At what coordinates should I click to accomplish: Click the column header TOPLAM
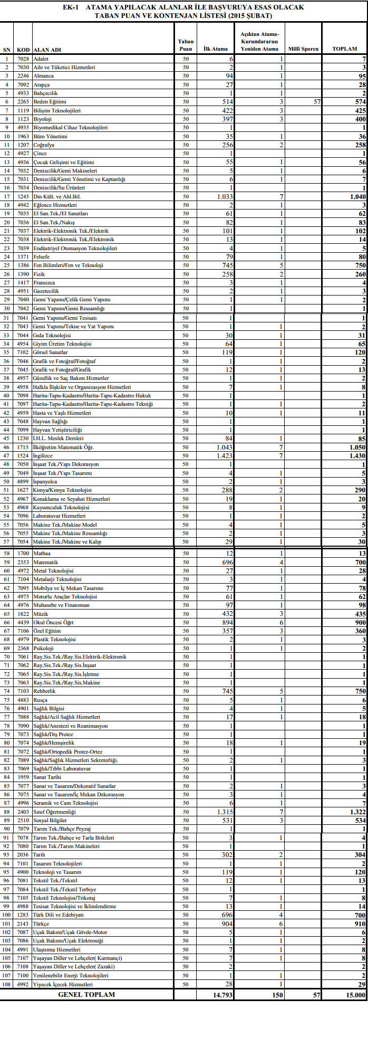pyautogui.click(x=344, y=49)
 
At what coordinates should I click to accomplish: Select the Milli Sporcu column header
pyautogui.click(x=303, y=49)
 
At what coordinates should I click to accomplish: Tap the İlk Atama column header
pyautogui.click(x=215, y=49)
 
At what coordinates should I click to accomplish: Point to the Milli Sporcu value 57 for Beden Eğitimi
pyautogui.click(x=316, y=102)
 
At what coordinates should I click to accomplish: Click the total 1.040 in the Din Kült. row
pyautogui.click(x=356, y=196)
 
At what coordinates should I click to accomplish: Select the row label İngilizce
pyautogui.click(x=43, y=455)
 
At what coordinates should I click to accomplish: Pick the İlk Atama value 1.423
pyautogui.click(x=224, y=455)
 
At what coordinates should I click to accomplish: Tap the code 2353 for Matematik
pyautogui.click(x=23, y=562)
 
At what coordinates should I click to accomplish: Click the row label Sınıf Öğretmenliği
pyautogui.click(x=54, y=812)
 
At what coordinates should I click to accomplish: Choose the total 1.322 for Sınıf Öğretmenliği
pyautogui.click(x=356, y=812)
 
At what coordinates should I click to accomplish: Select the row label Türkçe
pyautogui.click(x=41, y=924)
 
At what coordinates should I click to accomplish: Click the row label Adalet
pyautogui.click(x=41, y=59)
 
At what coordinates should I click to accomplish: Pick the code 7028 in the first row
pyautogui.click(x=23, y=59)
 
